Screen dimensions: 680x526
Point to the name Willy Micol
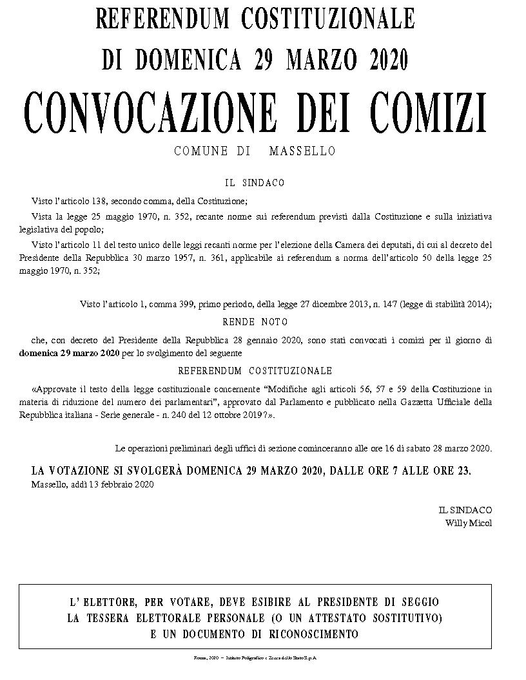click(x=469, y=523)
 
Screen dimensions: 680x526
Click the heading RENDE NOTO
click(x=255, y=321)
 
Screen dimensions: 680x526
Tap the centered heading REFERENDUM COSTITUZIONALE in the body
click(x=255, y=371)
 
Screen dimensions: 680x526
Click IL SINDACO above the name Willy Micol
click(x=465, y=509)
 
